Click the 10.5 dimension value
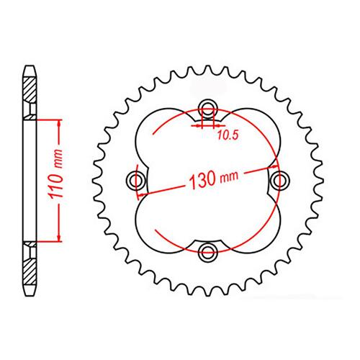[x=228, y=135]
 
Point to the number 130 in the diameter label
[x=203, y=180]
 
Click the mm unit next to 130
[x=229, y=176]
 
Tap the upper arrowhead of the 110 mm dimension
[x=59, y=123]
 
